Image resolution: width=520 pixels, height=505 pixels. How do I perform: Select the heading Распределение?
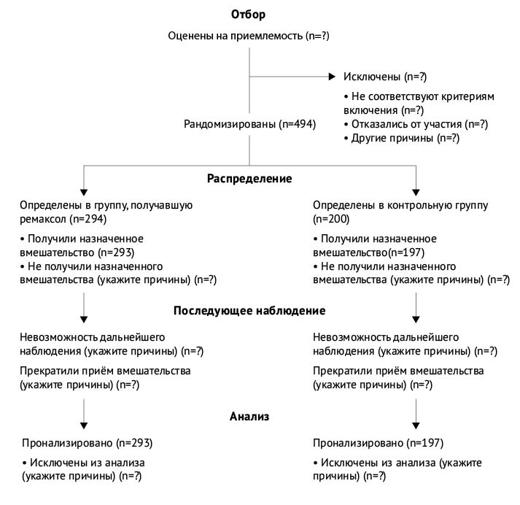coord(249,178)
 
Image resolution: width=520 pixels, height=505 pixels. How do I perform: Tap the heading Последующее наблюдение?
coord(249,311)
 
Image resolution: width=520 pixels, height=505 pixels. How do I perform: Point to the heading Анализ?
coord(250,416)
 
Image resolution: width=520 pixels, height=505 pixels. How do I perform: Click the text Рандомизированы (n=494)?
coord(249,124)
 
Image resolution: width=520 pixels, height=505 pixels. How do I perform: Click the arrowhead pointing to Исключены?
coord(333,76)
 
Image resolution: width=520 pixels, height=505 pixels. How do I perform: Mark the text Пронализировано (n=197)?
coord(379,442)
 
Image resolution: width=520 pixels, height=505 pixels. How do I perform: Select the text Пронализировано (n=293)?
coord(88,442)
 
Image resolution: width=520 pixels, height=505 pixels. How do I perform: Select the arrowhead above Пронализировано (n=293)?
coord(85,425)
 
